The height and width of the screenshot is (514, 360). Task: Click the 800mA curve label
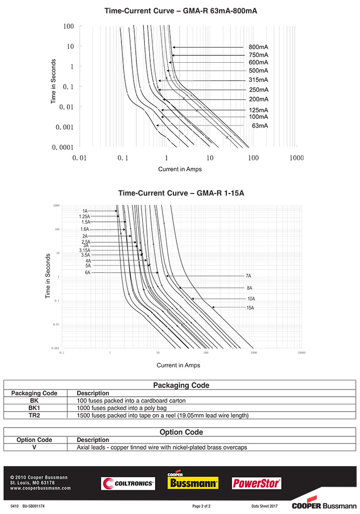point(258,47)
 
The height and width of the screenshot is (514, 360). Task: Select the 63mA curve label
point(260,126)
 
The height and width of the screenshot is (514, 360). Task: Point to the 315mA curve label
point(258,80)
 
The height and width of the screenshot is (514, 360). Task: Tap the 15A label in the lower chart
point(250,308)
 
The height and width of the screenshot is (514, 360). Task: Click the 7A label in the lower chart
point(248,276)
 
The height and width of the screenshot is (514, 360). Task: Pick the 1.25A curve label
point(84,217)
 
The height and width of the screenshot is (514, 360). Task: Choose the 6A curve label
point(87,273)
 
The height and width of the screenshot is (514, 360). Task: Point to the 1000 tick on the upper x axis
point(297,158)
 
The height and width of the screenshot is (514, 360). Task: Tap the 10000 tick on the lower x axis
point(301,353)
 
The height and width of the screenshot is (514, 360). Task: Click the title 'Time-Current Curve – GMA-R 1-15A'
point(181,193)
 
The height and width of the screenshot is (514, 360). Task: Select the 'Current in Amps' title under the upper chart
point(180,169)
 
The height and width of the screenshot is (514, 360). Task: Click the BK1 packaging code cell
point(34,407)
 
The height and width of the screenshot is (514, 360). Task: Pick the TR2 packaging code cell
point(34,415)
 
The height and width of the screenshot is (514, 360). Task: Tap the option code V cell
point(34,447)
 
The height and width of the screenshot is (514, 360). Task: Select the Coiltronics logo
point(128,483)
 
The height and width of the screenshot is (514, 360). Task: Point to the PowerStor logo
point(257,483)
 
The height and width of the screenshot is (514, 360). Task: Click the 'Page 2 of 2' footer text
point(202,507)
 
